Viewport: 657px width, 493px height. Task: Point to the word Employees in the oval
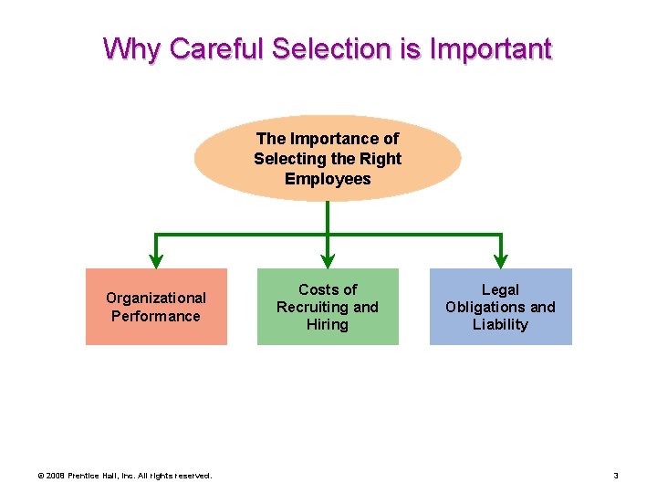point(328,179)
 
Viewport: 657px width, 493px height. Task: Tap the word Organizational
point(156,298)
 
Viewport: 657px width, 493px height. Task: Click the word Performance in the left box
point(156,316)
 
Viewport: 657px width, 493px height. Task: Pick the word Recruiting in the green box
point(313,307)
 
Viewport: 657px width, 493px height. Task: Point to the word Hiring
point(328,325)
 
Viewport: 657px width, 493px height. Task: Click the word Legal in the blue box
point(500,289)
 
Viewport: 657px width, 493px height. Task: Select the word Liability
point(500,325)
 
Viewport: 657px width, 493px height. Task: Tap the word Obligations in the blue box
point(483,307)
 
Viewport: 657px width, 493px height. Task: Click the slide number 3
point(616,476)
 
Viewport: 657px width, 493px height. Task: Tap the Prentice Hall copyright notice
point(123,476)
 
